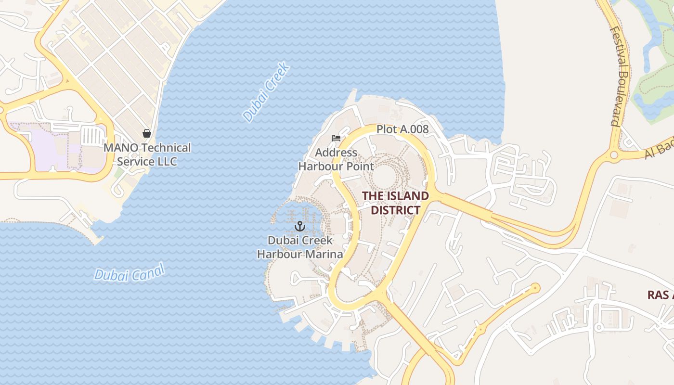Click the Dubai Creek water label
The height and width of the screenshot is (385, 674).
click(x=267, y=91)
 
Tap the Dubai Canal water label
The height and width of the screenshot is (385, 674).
click(x=130, y=272)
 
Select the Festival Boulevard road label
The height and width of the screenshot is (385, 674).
click(x=619, y=76)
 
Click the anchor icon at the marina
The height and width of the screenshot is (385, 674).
click(x=300, y=226)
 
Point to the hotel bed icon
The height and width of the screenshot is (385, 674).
click(x=336, y=139)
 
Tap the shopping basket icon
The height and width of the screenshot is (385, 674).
click(x=147, y=133)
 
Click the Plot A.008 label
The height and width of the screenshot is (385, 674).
click(x=402, y=129)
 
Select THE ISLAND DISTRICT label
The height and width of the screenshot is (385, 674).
click(x=395, y=203)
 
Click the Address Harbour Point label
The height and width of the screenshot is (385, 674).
click(x=336, y=160)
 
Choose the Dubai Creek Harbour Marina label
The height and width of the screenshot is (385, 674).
click(x=300, y=247)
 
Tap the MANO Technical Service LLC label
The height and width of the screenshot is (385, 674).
click(x=147, y=154)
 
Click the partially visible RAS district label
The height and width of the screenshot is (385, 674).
click(x=660, y=295)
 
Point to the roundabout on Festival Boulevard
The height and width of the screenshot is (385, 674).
click(x=614, y=155)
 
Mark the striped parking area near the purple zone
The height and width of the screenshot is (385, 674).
click(x=91, y=135)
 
